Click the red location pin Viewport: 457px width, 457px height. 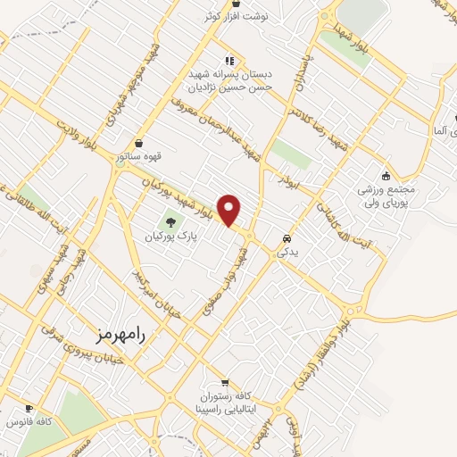pos(231,210)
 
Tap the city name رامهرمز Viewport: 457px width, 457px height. pos(121,333)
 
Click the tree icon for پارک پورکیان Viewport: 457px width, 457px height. pos(170,220)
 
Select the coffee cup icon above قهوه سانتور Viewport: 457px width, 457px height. pos(138,143)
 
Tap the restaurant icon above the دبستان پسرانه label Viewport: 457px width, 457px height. pos(228,61)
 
